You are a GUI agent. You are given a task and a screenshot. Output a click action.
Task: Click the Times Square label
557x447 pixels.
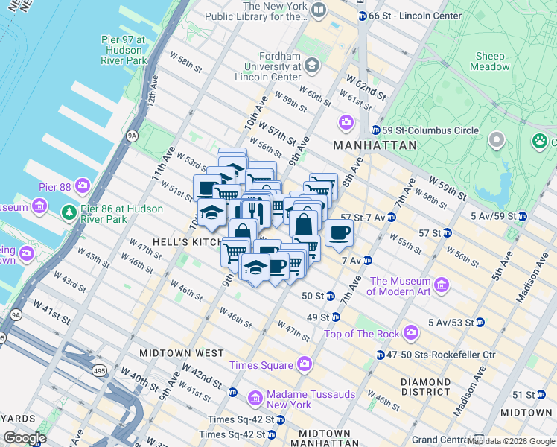261,364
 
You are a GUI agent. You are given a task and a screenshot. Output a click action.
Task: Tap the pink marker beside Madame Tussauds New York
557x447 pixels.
255,399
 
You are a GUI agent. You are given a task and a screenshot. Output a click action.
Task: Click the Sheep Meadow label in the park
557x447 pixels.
489,61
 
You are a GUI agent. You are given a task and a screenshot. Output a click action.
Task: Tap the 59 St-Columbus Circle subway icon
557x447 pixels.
375,130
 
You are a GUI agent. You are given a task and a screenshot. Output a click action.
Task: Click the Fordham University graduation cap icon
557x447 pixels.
311,66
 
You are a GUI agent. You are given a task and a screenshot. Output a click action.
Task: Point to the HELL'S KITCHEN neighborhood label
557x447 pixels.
172,242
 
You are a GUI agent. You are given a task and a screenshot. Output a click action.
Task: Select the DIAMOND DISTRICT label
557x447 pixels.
425,387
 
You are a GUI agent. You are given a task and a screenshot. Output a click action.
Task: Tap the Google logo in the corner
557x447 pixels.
25,438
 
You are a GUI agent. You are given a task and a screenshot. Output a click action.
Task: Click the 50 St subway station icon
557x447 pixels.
328,296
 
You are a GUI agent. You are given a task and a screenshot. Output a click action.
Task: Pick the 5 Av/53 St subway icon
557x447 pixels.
480,322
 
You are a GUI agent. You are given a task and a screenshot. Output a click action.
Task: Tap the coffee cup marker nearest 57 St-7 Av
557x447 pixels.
339,232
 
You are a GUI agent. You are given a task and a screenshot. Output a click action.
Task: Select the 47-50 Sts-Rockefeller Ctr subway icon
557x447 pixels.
381,355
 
